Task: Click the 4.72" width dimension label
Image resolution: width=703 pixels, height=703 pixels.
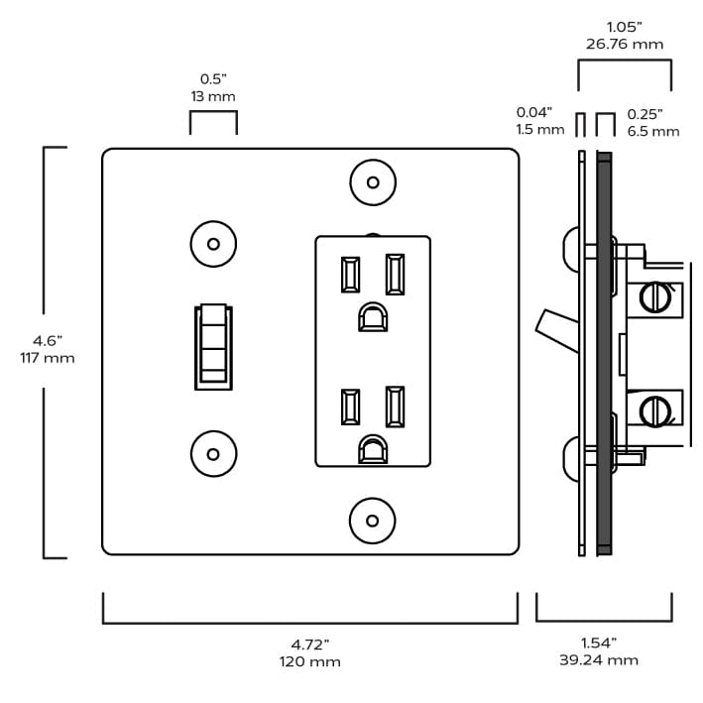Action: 310,644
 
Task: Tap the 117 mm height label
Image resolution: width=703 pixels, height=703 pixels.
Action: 47,358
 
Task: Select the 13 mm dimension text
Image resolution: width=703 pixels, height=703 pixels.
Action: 213,96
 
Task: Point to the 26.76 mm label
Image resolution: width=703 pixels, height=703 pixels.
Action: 624,44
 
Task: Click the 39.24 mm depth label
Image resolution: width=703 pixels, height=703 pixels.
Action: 598,659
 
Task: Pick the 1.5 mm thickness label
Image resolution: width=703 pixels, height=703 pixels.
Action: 539,130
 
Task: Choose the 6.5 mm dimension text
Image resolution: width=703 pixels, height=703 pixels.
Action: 653,131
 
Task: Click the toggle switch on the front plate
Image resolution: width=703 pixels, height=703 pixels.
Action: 213,347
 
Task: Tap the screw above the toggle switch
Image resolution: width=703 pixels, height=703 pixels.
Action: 212,244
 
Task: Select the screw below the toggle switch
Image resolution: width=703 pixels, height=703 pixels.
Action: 212,454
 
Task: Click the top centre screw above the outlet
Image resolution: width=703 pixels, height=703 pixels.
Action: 373,182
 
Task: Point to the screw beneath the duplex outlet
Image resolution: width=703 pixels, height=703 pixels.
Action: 373,520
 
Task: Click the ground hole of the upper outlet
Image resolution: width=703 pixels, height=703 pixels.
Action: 372,317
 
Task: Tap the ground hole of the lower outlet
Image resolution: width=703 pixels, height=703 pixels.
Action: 372,449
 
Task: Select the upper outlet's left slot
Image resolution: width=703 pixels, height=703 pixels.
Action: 350,275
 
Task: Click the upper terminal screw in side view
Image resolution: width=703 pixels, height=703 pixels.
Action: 653,296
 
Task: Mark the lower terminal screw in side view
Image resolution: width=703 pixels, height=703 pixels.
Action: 653,409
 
